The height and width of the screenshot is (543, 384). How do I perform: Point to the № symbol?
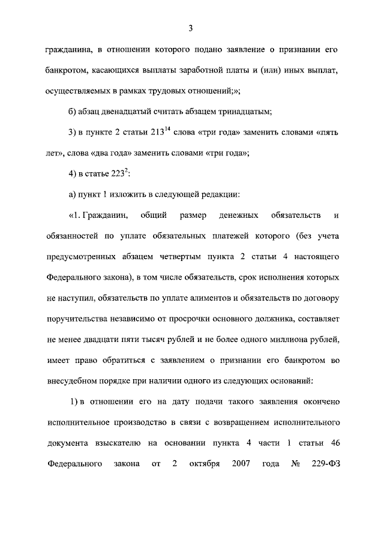click(295, 464)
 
